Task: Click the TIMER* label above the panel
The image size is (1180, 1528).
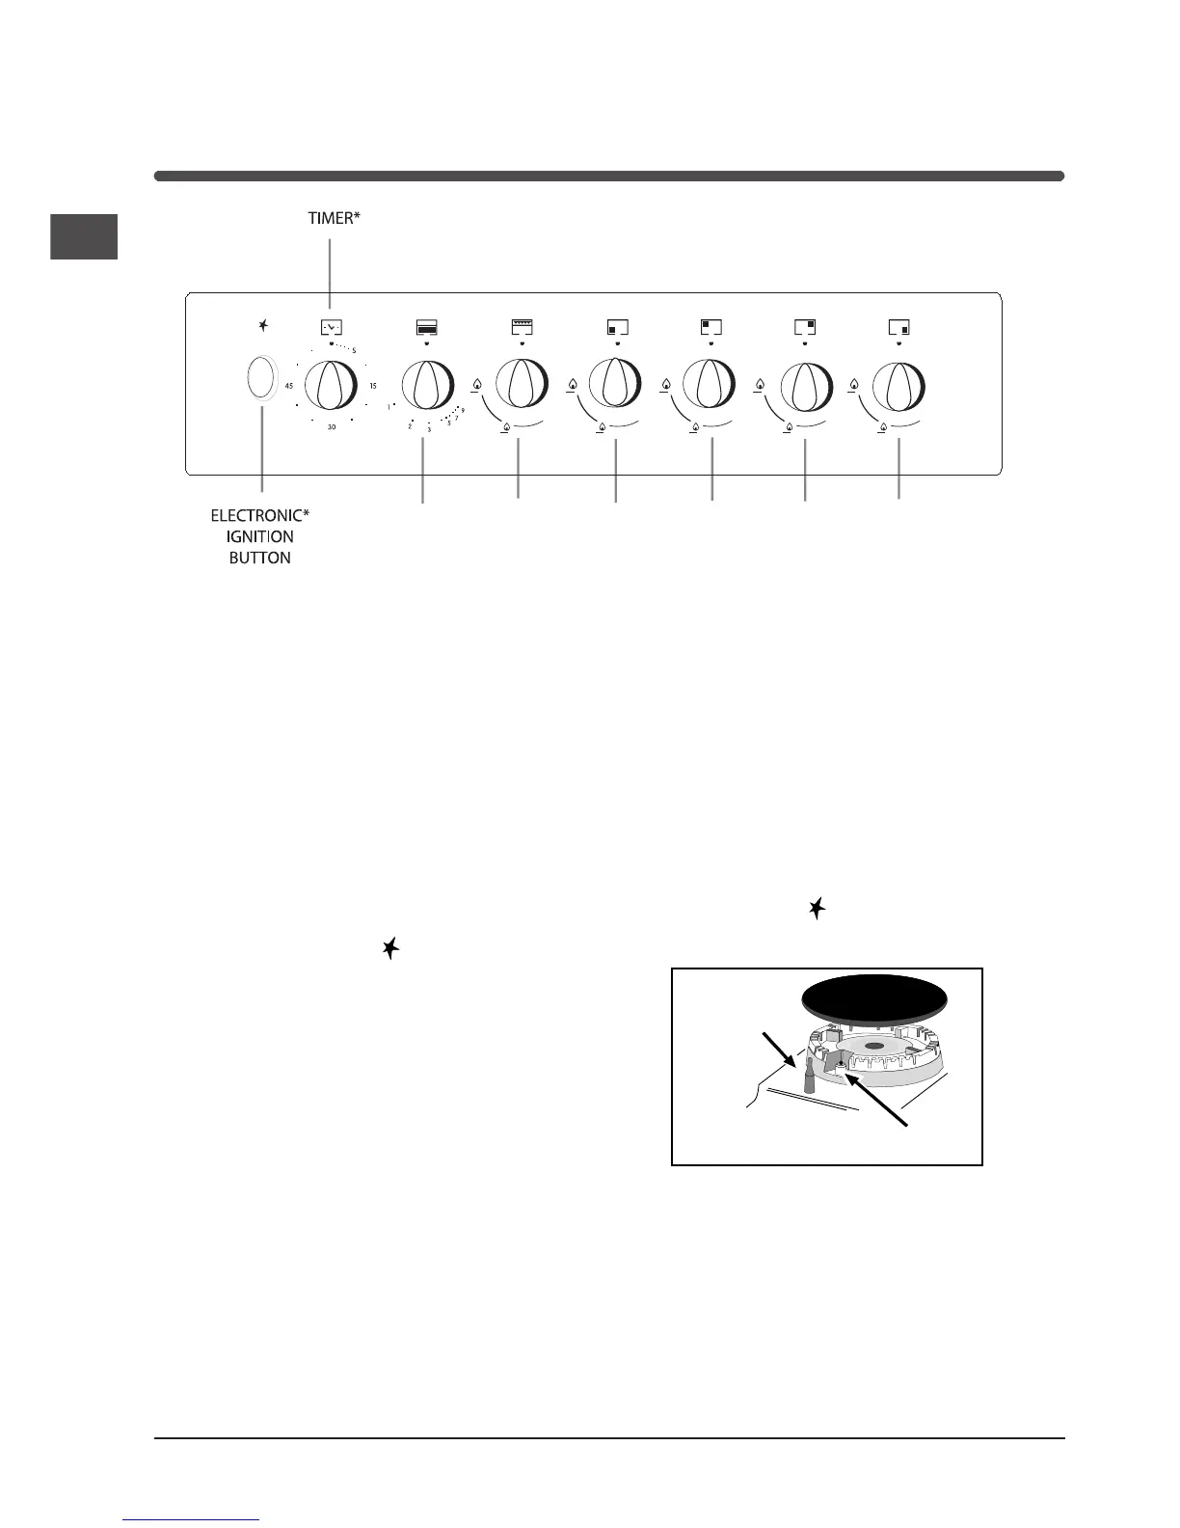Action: [x=331, y=219]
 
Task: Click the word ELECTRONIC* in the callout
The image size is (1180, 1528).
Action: [x=260, y=516]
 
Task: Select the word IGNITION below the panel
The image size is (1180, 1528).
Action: [x=260, y=536]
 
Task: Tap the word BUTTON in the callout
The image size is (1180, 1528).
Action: [x=260, y=558]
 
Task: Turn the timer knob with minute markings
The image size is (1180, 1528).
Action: [x=331, y=386]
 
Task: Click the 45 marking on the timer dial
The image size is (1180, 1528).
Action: [x=289, y=386]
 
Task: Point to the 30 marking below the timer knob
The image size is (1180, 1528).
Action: [x=331, y=426]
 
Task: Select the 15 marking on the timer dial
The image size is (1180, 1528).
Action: [x=373, y=386]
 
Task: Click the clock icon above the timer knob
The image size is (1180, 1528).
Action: [x=331, y=327]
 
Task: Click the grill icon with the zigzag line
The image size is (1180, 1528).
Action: [x=522, y=327]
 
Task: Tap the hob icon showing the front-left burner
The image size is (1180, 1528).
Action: [x=617, y=327]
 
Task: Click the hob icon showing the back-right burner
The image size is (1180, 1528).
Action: [x=805, y=327]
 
